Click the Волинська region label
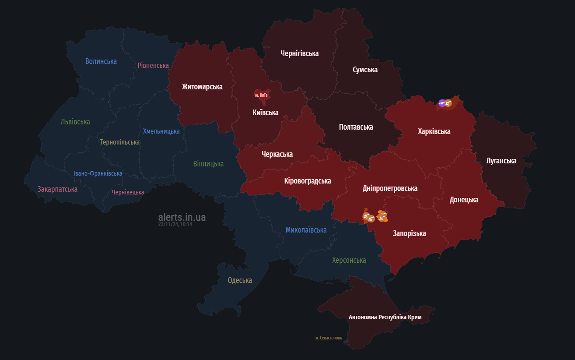[x=101, y=61]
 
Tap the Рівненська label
[x=153, y=65]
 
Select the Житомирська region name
[x=202, y=87]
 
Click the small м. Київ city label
[x=261, y=95]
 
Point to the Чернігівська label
[x=299, y=53]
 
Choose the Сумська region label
[x=365, y=70]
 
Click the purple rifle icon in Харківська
[x=442, y=103]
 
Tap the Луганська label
[x=501, y=161]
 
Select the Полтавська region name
[x=356, y=127]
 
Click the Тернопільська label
[x=119, y=142]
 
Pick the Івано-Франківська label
[x=98, y=173]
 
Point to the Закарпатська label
[x=57, y=189]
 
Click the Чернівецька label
[x=128, y=192]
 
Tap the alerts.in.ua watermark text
[x=182, y=217]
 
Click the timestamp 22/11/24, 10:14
[x=175, y=224]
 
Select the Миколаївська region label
[x=306, y=230]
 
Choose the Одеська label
[x=240, y=280]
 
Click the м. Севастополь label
[x=329, y=338]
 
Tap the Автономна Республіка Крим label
[x=385, y=317]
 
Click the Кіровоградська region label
[x=308, y=181]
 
